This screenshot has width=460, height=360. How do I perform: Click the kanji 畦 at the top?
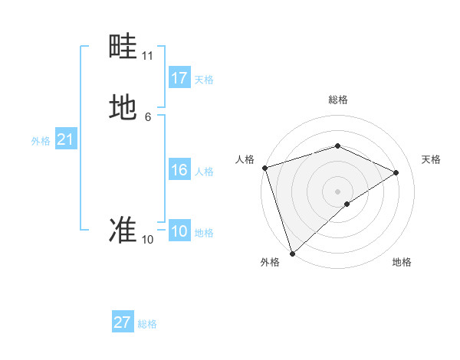(x=123, y=48)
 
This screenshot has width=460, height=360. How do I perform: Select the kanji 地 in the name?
(x=123, y=107)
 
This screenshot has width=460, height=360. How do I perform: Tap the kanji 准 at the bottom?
(x=123, y=230)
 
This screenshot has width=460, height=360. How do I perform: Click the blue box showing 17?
(x=179, y=78)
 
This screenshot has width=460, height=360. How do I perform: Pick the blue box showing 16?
(x=179, y=170)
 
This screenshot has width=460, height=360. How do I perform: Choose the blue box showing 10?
(x=179, y=231)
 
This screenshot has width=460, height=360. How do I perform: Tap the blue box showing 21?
(x=65, y=139)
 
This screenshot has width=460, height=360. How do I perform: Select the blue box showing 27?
(x=123, y=322)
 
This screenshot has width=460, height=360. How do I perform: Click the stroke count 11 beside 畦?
(x=148, y=56)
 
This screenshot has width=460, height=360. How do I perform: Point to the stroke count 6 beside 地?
(x=148, y=116)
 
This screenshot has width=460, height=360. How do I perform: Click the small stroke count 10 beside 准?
(x=148, y=240)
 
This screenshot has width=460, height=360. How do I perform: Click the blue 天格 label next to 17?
(x=204, y=80)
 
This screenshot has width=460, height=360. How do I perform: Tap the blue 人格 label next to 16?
(x=204, y=172)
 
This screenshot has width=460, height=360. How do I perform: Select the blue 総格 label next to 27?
(x=147, y=324)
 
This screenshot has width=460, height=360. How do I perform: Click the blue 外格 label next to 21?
(x=41, y=141)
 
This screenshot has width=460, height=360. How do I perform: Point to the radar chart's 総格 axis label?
(x=337, y=100)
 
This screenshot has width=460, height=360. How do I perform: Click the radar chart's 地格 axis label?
(x=402, y=262)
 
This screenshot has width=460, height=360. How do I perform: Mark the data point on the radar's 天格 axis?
(x=396, y=172)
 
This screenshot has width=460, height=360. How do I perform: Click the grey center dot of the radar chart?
(x=337, y=191)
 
